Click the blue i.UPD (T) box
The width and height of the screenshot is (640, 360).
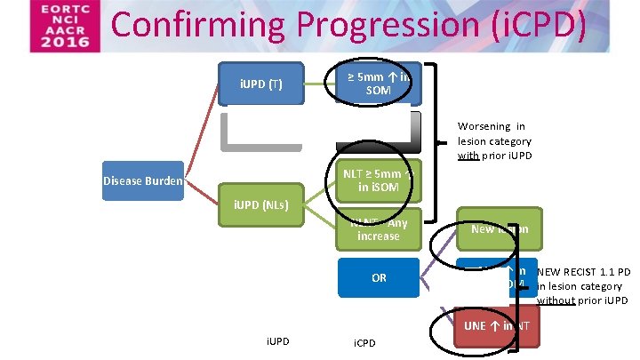pyautogui.click(x=261, y=84)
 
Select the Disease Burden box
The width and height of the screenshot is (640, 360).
pyautogui.click(x=142, y=181)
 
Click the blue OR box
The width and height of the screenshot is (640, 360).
pyautogui.click(x=379, y=278)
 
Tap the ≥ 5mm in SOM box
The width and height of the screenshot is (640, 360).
pyautogui.click(x=379, y=83)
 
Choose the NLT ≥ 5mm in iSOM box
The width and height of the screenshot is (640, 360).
pyautogui.click(x=378, y=180)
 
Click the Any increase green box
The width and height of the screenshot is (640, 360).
pyautogui.click(x=379, y=229)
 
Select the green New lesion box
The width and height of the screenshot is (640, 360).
pyautogui.click(x=499, y=228)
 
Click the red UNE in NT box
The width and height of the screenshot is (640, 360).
pyautogui.click(x=497, y=326)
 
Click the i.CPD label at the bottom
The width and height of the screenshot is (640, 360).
pyautogui.click(x=364, y=342)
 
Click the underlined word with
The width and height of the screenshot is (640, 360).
pyautogui.click(x=468, y=156)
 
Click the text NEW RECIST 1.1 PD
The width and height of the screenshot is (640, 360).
pyautogui.click(x=584, y=271)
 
